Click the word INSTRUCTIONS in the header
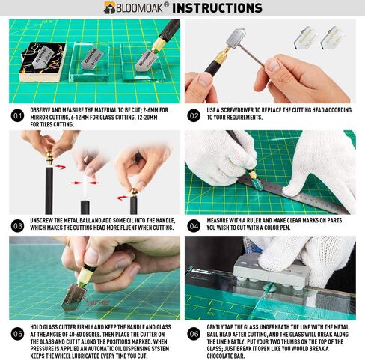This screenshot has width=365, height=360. [217, 7]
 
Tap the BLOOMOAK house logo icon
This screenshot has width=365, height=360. [109, 7]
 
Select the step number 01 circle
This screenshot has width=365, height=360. [18, 116]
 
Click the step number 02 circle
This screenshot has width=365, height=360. [194, 116]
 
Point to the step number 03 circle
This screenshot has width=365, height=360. [18, 226]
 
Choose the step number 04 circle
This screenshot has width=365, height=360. [194, 226]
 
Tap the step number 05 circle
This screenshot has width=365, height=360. [18, 334]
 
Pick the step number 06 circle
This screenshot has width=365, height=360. [194, 334]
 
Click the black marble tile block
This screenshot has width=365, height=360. [43, 62]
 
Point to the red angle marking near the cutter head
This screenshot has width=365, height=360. [96, 302]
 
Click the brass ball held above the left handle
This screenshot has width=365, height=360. [50, 157]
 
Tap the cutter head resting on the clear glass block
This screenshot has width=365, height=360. [92, 58]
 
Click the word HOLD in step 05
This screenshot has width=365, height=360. [36, 327]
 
